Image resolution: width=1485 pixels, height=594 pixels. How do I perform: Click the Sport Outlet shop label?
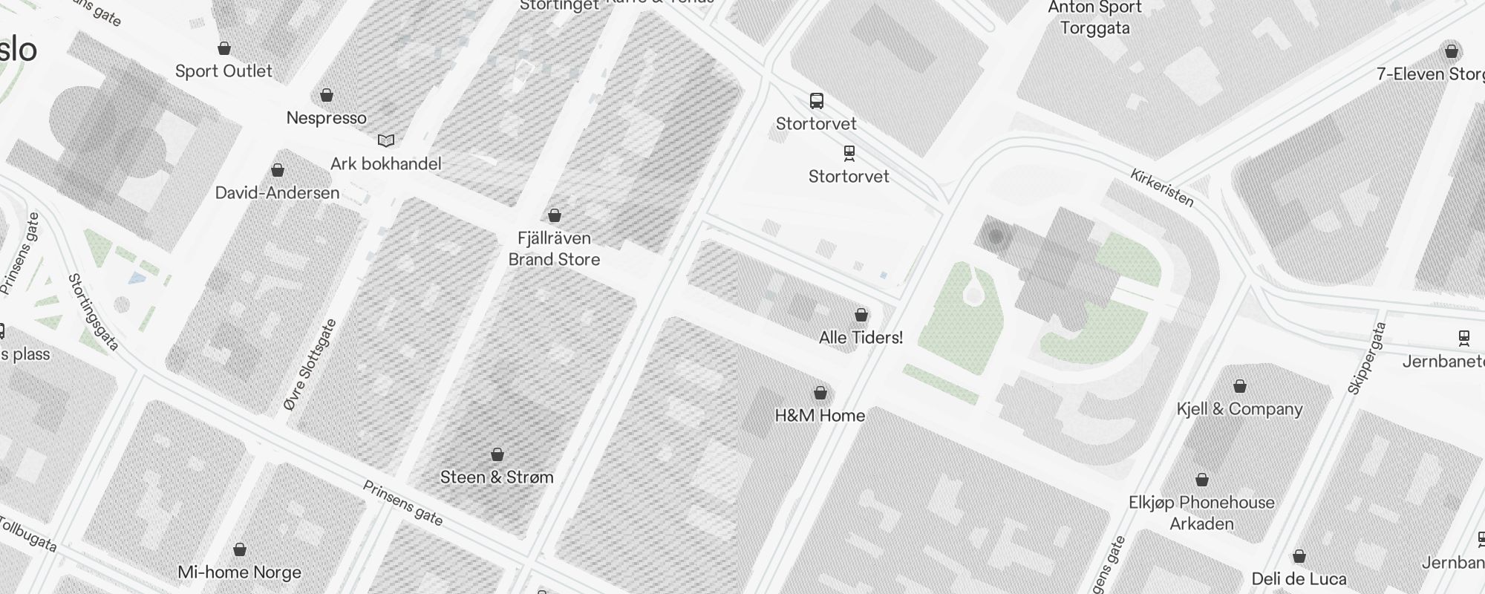point(223,71)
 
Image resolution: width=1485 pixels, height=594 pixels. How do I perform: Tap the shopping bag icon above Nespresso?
point(326,96)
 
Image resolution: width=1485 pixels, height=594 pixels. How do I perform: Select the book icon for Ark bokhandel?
point(385,140)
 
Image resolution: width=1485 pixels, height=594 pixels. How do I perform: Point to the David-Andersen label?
point(277,193)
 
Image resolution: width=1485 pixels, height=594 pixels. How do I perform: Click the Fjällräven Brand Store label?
point(554,249)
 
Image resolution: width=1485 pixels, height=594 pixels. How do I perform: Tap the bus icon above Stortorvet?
point(816,101)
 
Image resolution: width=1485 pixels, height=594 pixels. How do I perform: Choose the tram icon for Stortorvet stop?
point(849,154)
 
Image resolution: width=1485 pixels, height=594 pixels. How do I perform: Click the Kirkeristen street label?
point(1161,188)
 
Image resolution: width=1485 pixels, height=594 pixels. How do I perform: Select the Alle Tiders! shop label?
point(861,338)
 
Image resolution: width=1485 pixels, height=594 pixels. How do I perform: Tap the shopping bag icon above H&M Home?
point(820,393)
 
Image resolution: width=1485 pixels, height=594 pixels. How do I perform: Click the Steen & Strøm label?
point(497,477)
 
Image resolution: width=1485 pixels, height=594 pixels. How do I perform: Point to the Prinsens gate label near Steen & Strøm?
point(402,503)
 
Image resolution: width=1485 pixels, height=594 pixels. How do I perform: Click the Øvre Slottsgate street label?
point(310,365)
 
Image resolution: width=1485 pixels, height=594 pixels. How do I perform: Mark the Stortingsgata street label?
point(94,312)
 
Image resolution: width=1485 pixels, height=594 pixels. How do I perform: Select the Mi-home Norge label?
point(239,572)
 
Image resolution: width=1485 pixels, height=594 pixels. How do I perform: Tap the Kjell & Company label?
point(1239,409)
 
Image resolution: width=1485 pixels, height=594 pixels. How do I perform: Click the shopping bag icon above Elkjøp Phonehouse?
point(1201,480)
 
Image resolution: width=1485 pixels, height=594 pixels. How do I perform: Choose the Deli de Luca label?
point(1299,579)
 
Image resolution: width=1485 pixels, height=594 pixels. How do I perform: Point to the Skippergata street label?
point(1366,358)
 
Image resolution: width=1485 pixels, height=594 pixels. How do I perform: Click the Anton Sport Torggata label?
point(1094,18)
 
